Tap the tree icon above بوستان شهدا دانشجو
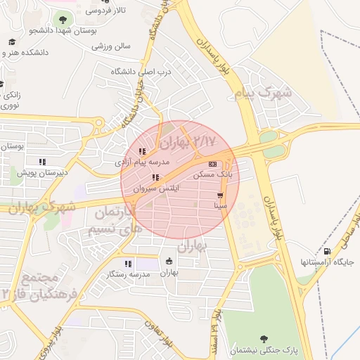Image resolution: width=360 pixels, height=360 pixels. (63, 20)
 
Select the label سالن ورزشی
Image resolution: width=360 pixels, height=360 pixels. (111, 46)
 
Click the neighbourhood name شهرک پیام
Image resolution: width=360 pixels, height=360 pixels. (264, 93)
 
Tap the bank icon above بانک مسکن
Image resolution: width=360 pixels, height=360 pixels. (213, 164)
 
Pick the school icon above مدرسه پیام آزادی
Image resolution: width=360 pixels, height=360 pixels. (143, 151)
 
